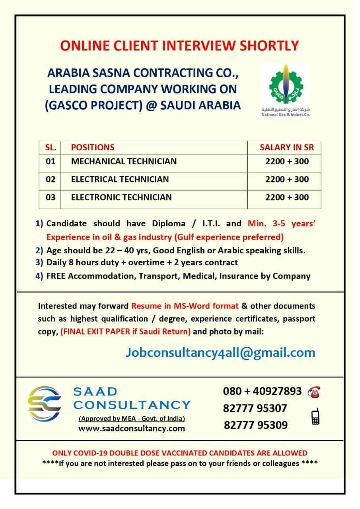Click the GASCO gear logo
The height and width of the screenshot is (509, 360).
(x=285, y=85)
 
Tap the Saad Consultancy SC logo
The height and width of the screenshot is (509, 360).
(x=44, y=403)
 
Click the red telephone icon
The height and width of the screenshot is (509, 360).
(x=314, y=392)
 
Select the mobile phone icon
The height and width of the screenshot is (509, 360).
(x=315, y=416)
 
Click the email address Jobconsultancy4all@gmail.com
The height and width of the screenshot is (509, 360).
(x=220, y=352)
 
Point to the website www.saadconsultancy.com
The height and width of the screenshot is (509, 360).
(x=132, y=428)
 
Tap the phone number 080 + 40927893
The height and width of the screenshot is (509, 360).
(x=262, y=391)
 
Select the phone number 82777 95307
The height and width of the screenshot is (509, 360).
(x=255, y=408)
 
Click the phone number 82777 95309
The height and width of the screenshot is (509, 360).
(x=255, y=425)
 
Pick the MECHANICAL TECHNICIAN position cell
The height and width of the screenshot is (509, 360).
(x=124, y=161)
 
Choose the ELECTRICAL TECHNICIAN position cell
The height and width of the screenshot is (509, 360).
(x=120, y=179)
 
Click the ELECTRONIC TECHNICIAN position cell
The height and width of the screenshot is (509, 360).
(x=121, y=197)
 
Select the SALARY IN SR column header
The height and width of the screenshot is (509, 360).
(x=286, y=148)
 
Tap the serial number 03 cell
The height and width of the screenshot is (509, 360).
(x=51, y=197)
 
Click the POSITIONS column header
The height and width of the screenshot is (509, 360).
(x=93, y=148)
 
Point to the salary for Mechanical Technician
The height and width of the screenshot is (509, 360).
(x=287, y=161)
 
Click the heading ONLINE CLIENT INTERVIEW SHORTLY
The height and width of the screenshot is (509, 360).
(x=179, y=46)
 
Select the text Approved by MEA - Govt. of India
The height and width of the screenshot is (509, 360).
(x=132, y=418)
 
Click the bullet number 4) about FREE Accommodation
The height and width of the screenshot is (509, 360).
(x=39, y=276)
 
